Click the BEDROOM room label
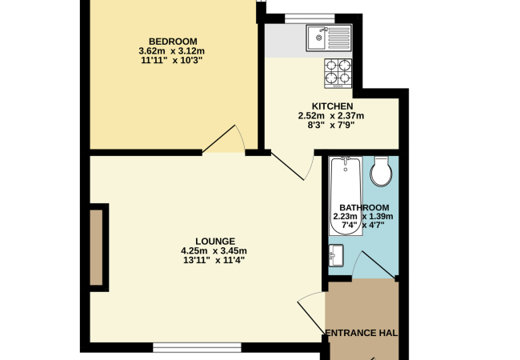pos(173,42)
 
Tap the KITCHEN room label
pos(332,106)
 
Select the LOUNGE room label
pos(215,241)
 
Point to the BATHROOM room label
pos(364,207)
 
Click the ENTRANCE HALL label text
pos(362,333)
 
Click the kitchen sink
pos(329,38)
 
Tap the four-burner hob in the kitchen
pos(338,74)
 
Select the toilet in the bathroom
pos(381,171)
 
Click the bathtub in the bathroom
pos(346,196)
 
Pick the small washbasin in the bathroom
pos(336,255)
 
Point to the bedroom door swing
pos(224,139)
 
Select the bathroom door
pos(374,264)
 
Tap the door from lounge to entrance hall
pos(311,313)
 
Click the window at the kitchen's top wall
pos(310,18)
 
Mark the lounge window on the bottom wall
pos(197,347)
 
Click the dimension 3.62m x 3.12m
pos(172,51)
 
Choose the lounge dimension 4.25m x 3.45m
pos(214,250)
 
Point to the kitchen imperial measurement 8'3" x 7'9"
pos(331,125)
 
